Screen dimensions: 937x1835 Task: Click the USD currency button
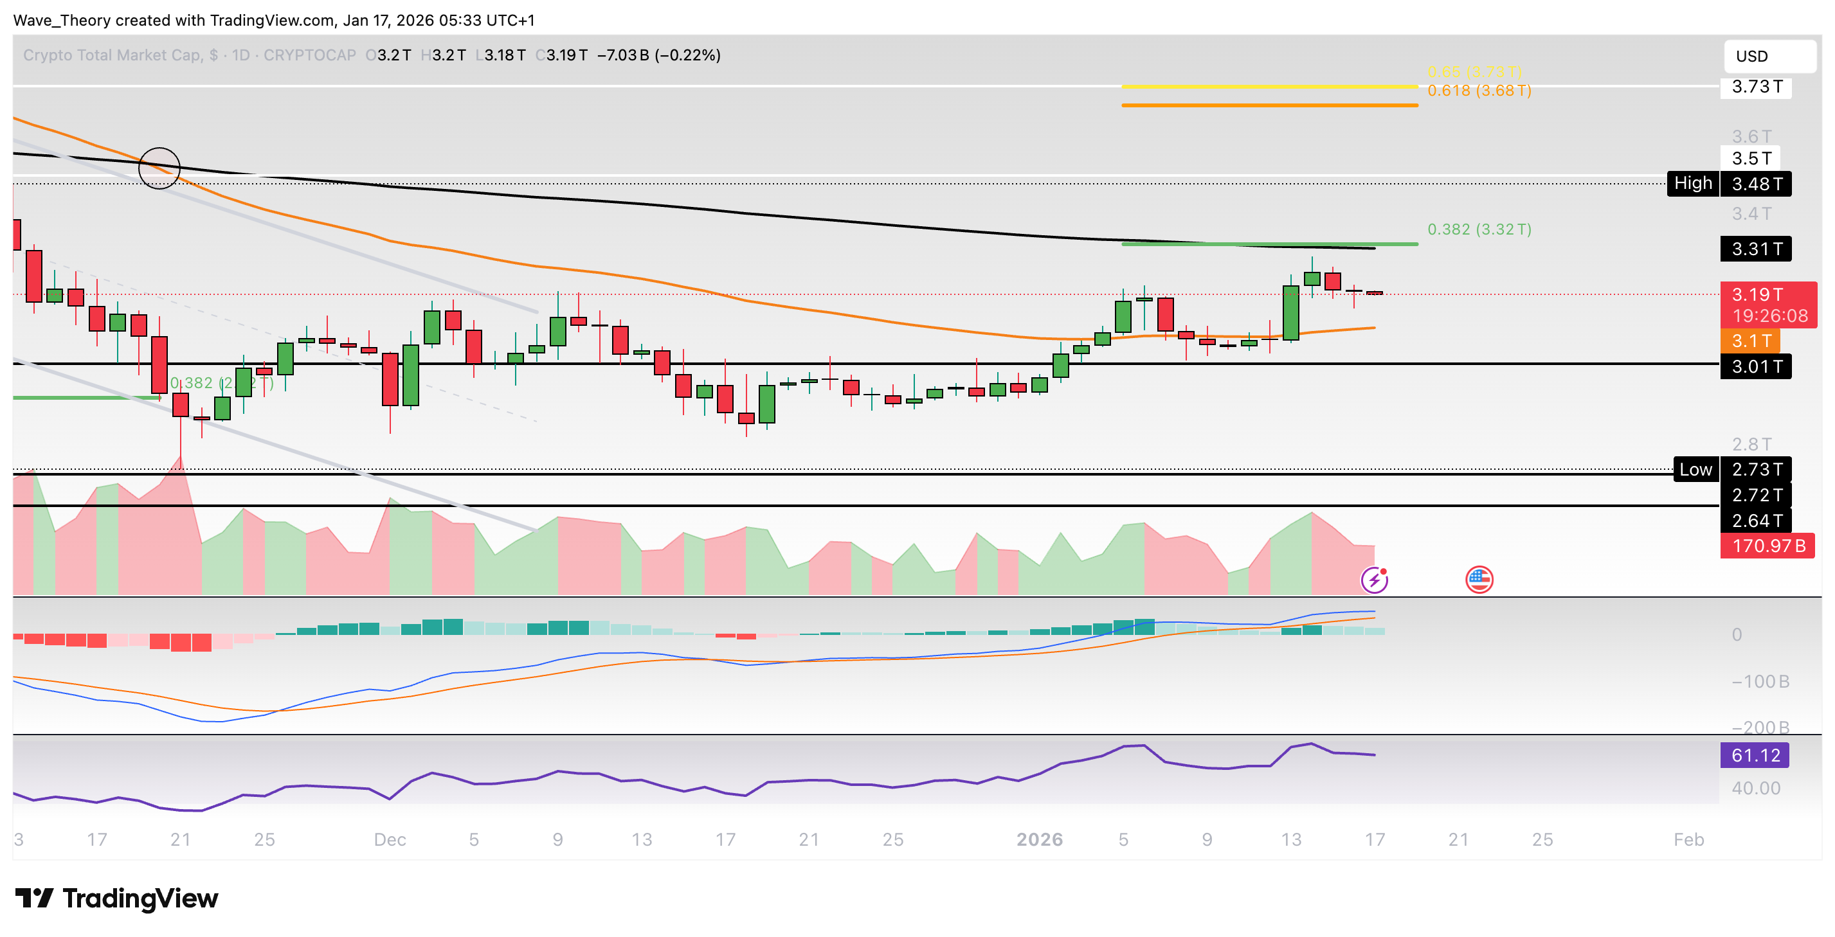[1769, 57]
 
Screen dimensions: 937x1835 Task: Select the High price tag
[1692, 184]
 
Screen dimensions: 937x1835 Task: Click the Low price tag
[1695, 470]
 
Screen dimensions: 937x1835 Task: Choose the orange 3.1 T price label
[1750, 341]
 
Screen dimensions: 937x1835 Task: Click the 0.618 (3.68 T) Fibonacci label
[1479, 91]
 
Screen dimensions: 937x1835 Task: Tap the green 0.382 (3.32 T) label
[1479, 229]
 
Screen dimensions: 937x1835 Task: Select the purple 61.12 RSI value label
[1754, 755]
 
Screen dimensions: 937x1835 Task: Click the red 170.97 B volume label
[1767, 546]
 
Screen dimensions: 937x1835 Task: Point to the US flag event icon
[1479, 580]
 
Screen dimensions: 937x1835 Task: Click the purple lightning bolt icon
[1374, 580]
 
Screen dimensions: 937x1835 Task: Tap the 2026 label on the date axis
[1039, 840]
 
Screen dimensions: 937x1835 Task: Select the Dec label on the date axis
[390, 840]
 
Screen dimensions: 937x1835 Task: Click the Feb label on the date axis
[1688, 840]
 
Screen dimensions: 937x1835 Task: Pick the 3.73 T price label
[1756, 87]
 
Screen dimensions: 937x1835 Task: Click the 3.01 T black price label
[1756, 367]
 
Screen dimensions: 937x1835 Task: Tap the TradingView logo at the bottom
[117, 898]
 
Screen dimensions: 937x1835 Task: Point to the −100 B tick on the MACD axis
[1760, 682]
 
